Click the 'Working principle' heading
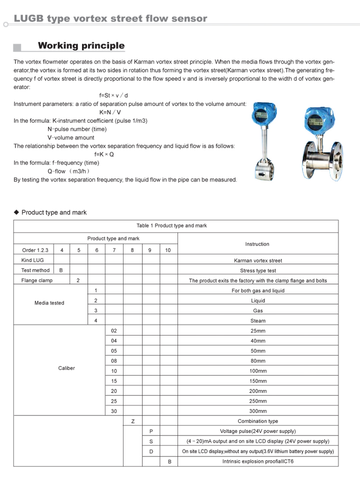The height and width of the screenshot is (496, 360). pyautogui.click(x=81, y=46)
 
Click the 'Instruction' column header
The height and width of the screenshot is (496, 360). pyautogui.click(x=257, y=244)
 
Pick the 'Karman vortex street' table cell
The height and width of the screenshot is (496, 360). pyautogui.click(x=258, y=260)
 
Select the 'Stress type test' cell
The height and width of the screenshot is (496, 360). pyautogui.click(x=258, y=270)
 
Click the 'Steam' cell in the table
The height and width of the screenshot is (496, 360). pyautogui.click(x=258, y=320)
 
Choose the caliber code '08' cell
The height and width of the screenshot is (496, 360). pyautogui.click(x=114, y=360)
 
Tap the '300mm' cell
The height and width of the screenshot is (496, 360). pyautogui.click(x=258, y=411)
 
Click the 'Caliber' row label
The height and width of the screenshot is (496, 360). pyautogui.click(x=66, y=368)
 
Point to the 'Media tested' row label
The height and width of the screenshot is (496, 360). pyautogui.click(x=49, y=303)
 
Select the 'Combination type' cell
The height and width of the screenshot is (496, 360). pyautogui.click(x=258, y=421)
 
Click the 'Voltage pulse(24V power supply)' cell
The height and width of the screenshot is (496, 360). pyautogui.click(x=258, y=431)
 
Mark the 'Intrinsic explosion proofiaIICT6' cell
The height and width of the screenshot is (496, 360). pyautogui.click(x=258, y=461)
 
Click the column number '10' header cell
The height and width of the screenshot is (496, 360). pyautogui.click(x=168, y=250)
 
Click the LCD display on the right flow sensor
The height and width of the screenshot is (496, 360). pyautogui.click(x=315, y=121)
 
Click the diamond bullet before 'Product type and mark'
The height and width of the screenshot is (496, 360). pyautogui.click(x=16, y=212)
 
